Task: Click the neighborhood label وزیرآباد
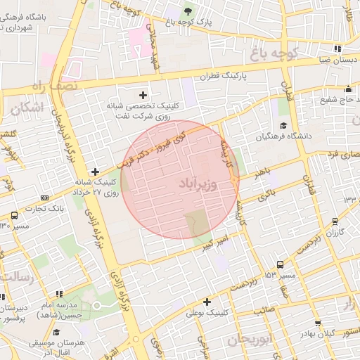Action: [200, 184]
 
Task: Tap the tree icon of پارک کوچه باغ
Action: [187, 11]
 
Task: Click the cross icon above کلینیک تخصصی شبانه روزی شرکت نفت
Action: [144, 94]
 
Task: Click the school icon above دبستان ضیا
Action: [337, 49]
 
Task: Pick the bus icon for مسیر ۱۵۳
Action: [281, 265]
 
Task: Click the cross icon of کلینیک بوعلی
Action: [206, 302]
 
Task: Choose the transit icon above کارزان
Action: [335, 221]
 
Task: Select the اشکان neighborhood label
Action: [28, 107]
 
